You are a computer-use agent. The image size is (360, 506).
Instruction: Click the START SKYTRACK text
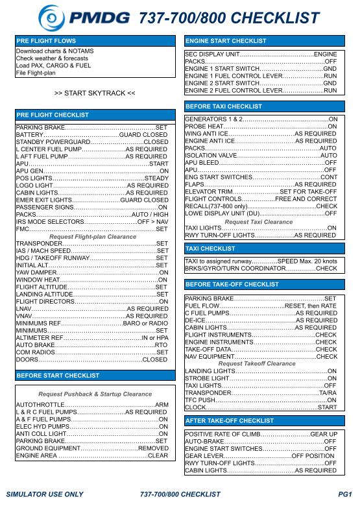tap(95, 93)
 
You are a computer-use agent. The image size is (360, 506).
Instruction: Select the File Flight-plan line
tap(36, 73)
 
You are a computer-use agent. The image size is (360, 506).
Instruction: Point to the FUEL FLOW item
tap(203, 306)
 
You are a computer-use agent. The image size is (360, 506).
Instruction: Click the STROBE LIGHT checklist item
tap(208, 378)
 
